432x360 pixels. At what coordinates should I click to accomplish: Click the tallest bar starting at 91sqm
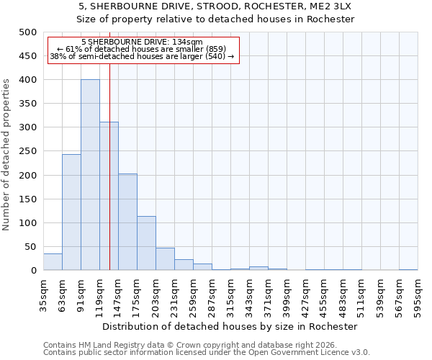click(90, 175)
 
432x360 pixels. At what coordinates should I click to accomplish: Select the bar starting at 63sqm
click(71, 212)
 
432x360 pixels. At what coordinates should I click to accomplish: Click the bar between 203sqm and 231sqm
click(165, 259)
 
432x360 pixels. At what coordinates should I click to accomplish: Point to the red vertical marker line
click(109, 180)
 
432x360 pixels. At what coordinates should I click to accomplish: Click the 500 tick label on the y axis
click(27, 32)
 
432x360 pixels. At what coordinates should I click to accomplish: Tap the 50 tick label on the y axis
click(30, 247)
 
